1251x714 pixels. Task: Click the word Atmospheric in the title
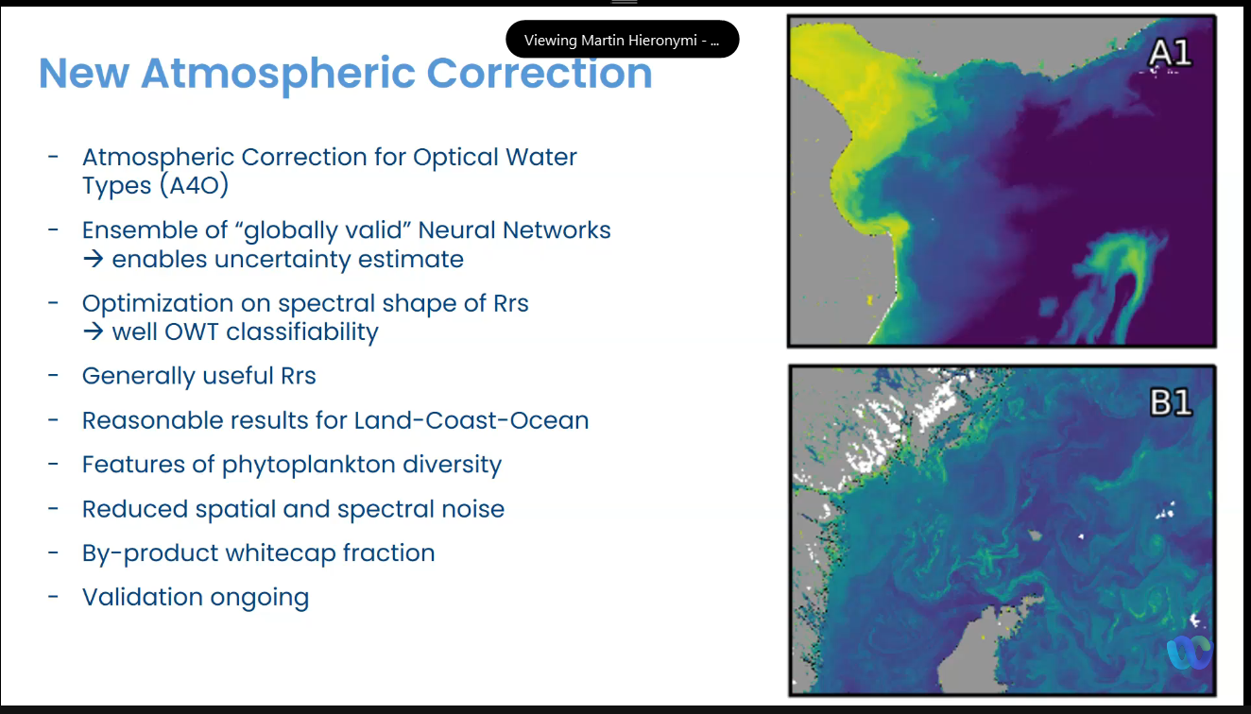click(x=279, y=74)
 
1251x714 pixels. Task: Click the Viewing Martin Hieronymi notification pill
click(x=622, y=40)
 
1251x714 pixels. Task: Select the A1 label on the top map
click(x=1171, y=53)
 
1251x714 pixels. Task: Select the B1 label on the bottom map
click(x=1171, y=402)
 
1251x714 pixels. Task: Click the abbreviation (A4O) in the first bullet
click(x=195, y=185)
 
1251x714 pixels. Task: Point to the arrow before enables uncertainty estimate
click(x=94, y=259)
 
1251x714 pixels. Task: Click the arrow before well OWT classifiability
click(x=94, y=331)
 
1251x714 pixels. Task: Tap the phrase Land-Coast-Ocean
click(x=471, y=420)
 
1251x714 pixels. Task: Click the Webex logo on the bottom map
click(x=1191, y=652)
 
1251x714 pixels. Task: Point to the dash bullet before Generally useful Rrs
click(x=53, y=375)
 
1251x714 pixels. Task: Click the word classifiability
click(x=302, y=332)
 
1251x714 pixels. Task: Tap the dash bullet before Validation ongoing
click(x=53, y=597)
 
